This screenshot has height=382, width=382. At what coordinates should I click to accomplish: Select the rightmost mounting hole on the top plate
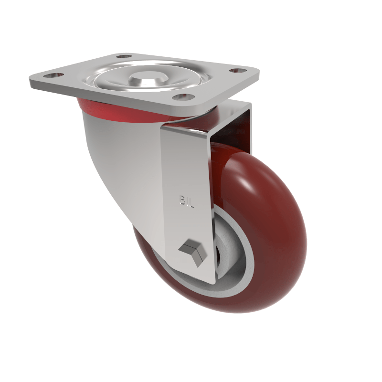tap(234, 71)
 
